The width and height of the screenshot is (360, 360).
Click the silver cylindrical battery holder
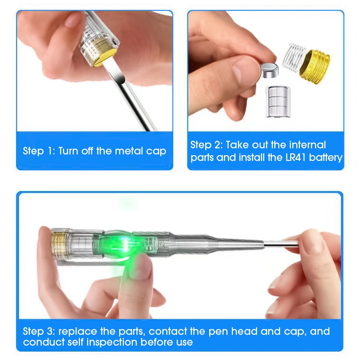point(278,101)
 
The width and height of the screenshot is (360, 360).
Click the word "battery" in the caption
point(325,158)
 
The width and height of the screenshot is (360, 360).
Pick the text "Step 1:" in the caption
point(39,150)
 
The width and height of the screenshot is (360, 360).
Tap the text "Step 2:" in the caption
point(206,145)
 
